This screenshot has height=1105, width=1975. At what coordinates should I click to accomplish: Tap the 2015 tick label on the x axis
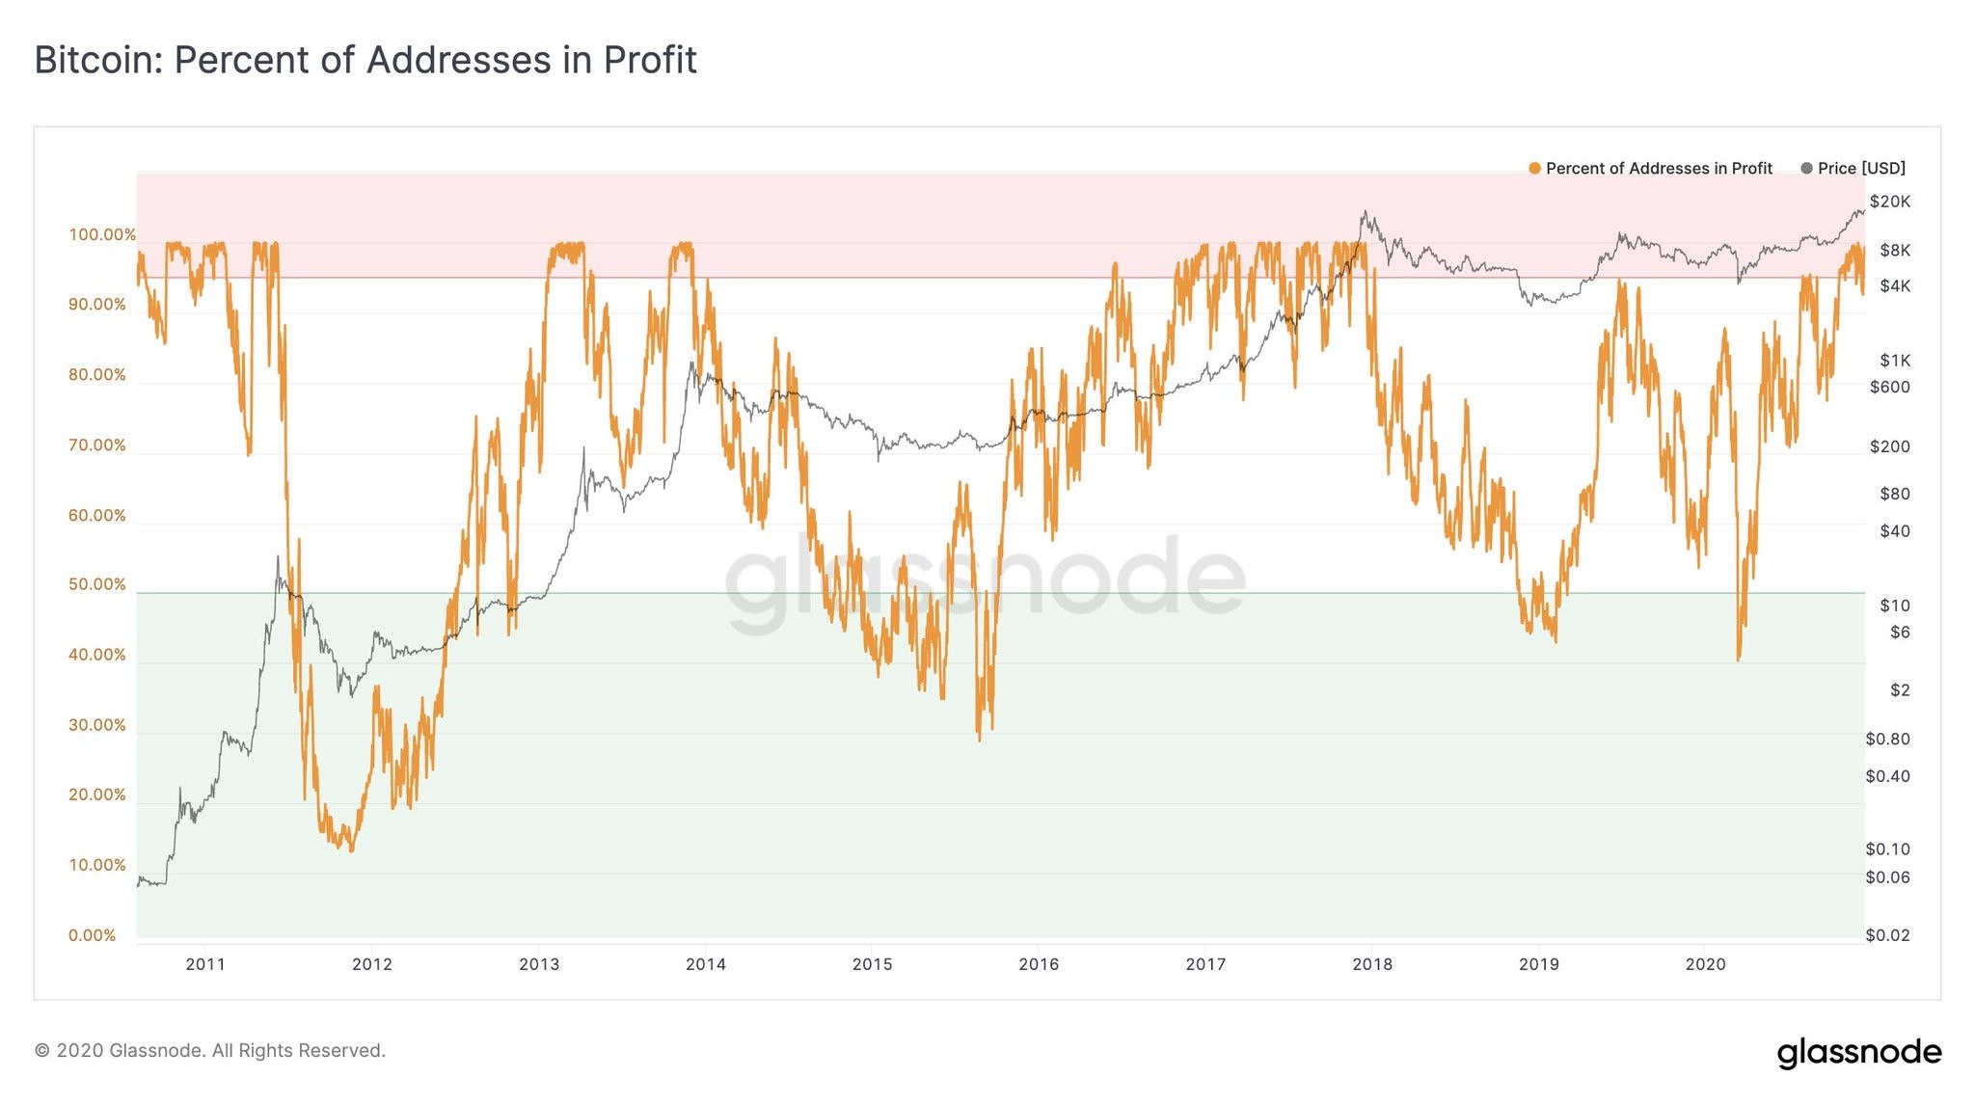coord(872,963)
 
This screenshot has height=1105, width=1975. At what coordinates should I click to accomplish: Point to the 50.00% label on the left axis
coord(96,584)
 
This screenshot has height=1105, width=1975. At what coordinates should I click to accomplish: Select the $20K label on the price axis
coord(1889,202)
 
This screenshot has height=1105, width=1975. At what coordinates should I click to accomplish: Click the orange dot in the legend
coord(1534,169)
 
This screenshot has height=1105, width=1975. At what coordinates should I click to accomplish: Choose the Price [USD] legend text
coord(1861,169)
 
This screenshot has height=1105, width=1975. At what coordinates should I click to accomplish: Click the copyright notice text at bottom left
coord(209,1050)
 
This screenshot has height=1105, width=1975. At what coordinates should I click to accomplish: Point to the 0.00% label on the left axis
coord(92,935)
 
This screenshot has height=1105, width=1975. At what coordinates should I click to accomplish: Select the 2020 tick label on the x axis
coord(1705,963)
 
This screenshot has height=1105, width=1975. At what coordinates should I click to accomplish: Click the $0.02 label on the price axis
coord(1887,935)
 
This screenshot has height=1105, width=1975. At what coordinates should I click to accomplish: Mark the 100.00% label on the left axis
coord(101,234)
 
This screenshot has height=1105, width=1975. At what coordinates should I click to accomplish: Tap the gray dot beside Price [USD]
coord(1806,169)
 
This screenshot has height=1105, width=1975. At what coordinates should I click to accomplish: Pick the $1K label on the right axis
coord(1894,361)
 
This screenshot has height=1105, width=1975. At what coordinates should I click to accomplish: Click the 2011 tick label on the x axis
coord(204,963)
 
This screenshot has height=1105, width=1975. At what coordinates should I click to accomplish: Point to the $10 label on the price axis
coord(1894,606)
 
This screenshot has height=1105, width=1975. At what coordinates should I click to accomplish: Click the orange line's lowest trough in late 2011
coord(351,849)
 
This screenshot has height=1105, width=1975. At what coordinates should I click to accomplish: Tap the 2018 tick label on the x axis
coord(1371,963)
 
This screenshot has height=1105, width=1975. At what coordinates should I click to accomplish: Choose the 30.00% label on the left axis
coord(96,725)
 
